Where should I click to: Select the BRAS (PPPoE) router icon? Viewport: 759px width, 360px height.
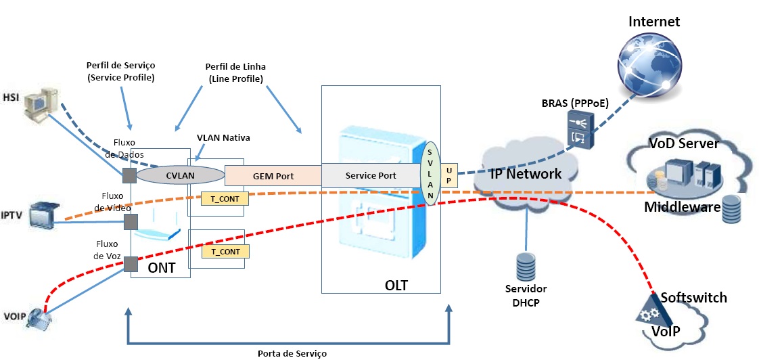(580, 131)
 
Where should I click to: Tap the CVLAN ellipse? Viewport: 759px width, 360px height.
(180, 175)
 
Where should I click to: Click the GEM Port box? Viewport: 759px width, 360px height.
(273, 175)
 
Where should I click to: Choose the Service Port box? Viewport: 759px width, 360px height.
(370, 175)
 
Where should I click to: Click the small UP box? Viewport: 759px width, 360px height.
(448, 175)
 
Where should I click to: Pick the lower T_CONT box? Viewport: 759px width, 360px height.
(225, 252)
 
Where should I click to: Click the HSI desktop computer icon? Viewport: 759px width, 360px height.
(39, 108)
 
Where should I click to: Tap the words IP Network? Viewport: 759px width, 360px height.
(526, 174)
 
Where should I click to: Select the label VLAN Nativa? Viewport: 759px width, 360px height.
(223, 138)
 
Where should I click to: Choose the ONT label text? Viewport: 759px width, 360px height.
(162, 268)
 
